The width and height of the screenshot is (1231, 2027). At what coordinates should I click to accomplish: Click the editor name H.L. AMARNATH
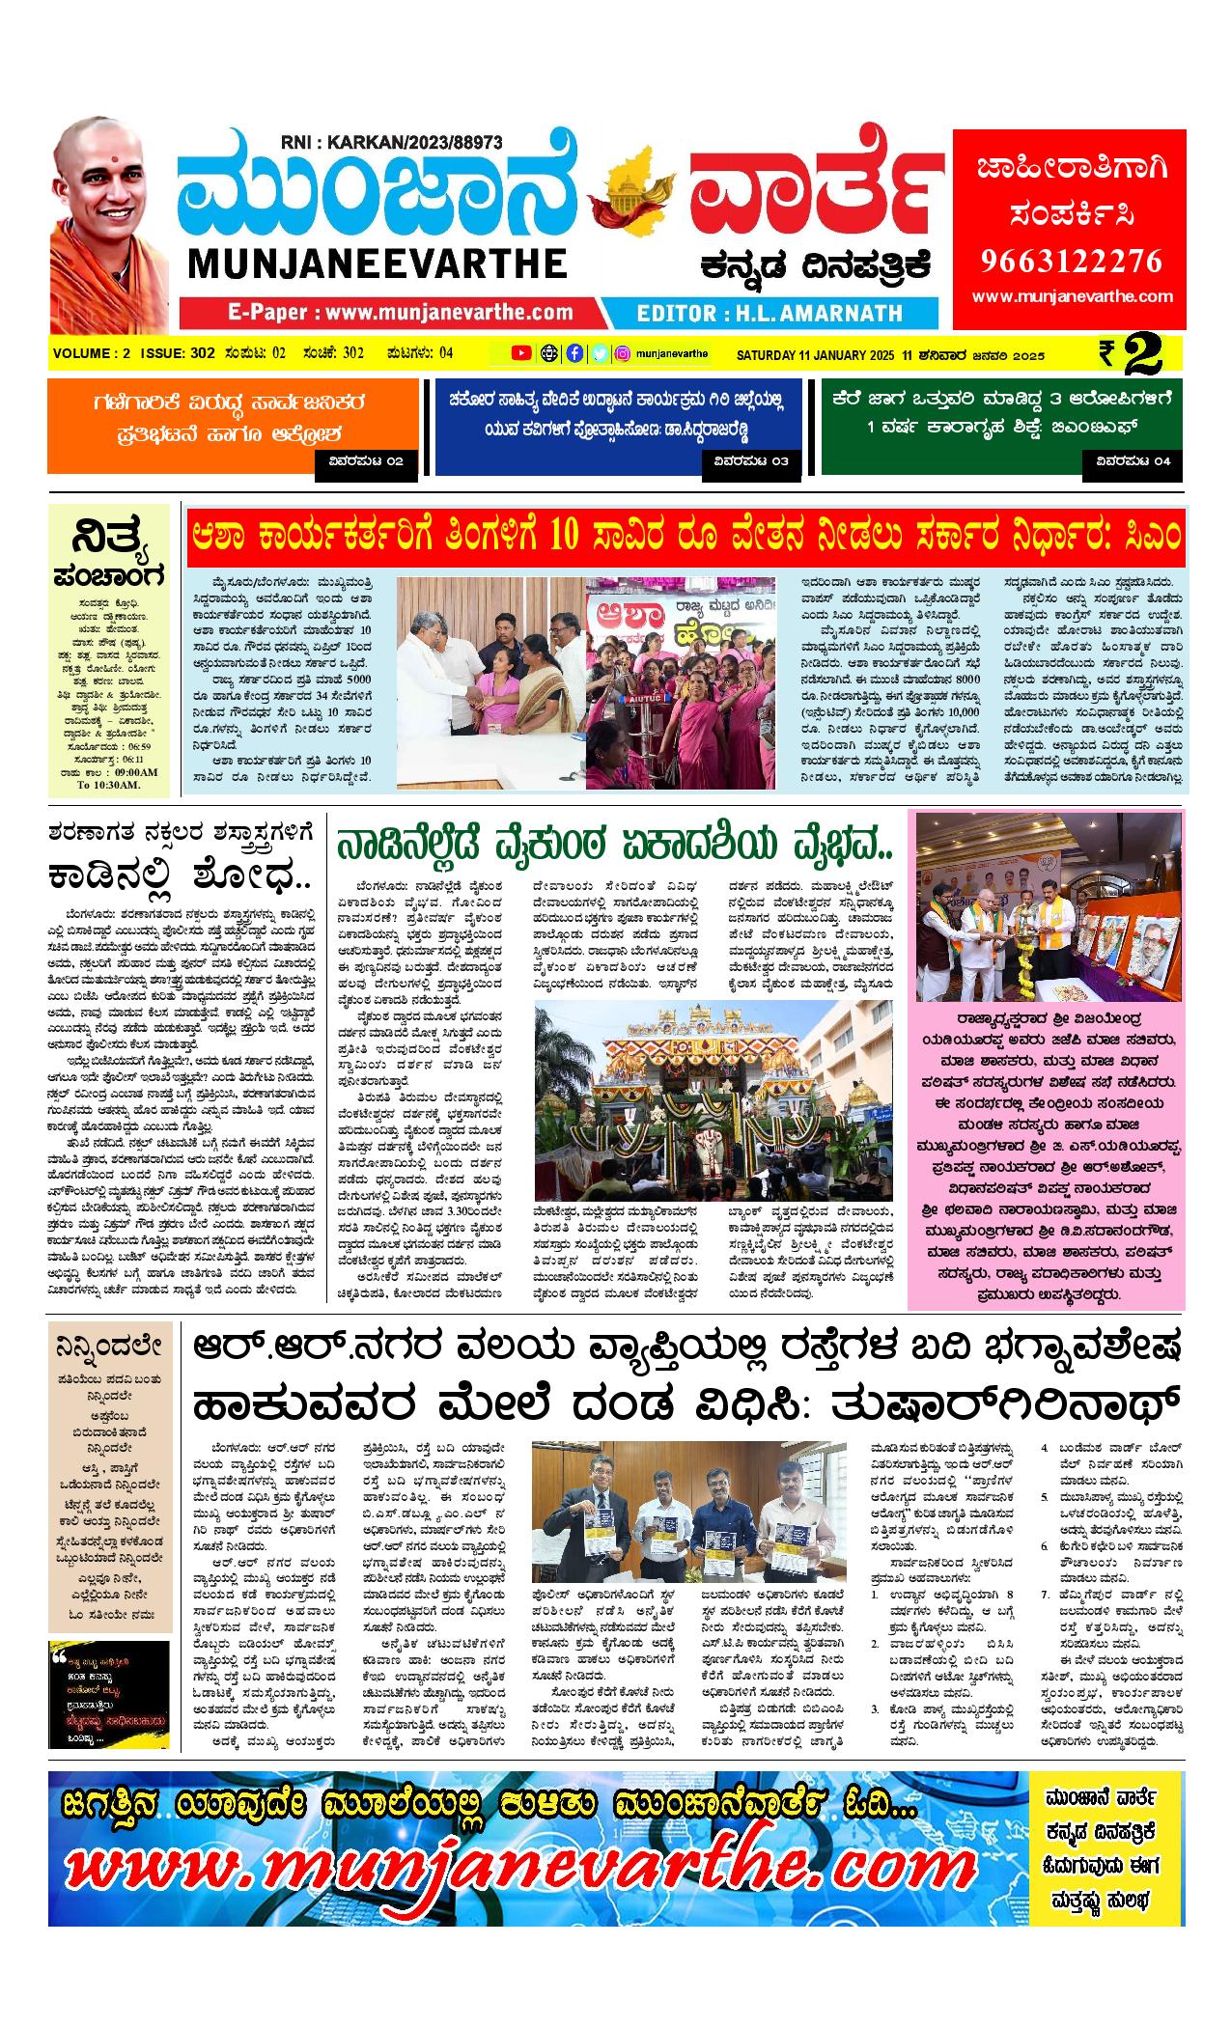pos(769,313)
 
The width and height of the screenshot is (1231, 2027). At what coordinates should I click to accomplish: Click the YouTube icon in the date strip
pos(521,353)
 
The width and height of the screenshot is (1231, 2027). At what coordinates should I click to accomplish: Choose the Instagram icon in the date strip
pos(624,353)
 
